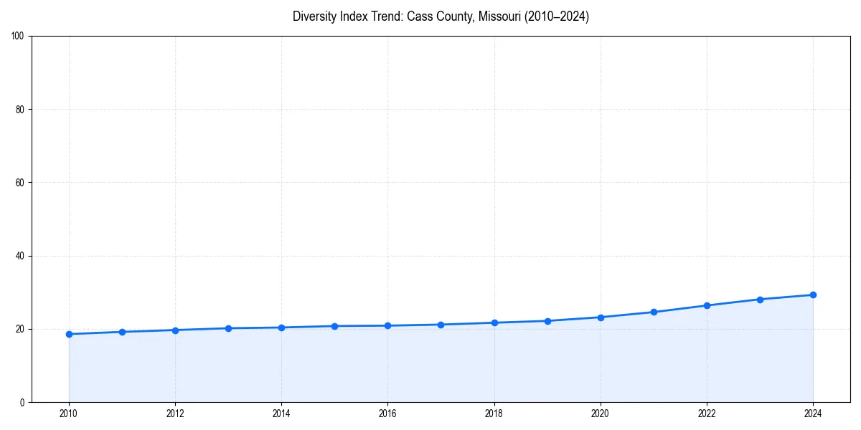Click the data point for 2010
[69, 334]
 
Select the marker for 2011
[122, 332]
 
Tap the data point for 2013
[228, 328]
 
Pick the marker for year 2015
[334, 326]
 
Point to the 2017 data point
[441, 325]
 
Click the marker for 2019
[547, 321]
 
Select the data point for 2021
[654, 312]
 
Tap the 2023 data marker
[760, 300]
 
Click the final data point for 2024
[813, 295]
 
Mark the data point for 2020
[601, 317]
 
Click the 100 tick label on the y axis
[18, 36]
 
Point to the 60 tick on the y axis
[20, 183]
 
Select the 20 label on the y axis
[20, 329]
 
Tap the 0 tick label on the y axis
[22, 402]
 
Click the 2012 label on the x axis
[175, 414]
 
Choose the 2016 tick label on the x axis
[387, 414]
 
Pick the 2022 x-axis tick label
[707, 414]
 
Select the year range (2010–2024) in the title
[557, 16]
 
